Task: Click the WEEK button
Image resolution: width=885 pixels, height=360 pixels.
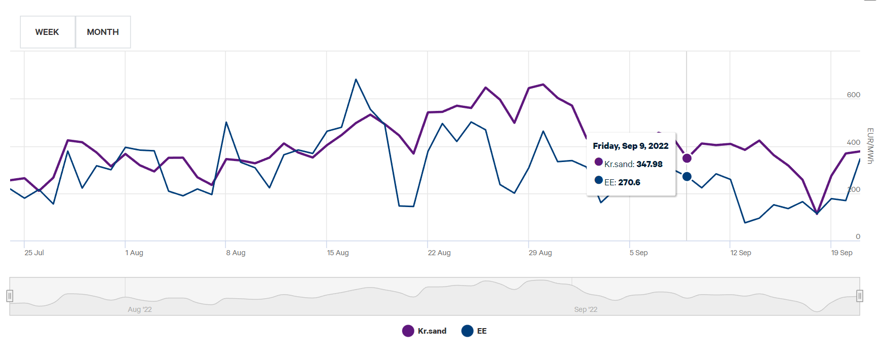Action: point(47,32)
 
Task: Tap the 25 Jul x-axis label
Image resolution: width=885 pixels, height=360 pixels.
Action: point(34,253)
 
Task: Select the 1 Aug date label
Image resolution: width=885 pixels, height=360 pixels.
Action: point(134,253)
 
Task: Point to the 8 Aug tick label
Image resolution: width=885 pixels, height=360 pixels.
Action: point(236,253)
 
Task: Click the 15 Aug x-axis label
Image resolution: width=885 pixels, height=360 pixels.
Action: point(337,253)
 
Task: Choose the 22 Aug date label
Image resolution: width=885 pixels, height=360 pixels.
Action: point(439,253)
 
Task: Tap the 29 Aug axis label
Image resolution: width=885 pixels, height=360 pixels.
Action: point(540,253)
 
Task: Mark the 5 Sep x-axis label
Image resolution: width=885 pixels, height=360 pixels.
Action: point(638,253)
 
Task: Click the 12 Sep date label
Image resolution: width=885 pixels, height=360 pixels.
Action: point(740,253)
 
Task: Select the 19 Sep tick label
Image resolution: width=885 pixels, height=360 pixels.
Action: point(841,253)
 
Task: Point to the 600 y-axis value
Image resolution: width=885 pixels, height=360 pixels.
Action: point(853,95)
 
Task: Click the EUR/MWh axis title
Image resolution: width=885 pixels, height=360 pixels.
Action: point(870,146)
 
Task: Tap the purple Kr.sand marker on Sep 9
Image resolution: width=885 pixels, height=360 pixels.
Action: point(687,158)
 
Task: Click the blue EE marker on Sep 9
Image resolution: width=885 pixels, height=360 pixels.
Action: point(687,177)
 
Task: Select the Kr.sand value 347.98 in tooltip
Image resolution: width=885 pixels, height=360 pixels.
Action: point(649,164)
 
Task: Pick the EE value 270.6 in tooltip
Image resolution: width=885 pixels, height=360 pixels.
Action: point(629,182)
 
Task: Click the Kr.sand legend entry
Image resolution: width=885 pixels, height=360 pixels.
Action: point(425,331)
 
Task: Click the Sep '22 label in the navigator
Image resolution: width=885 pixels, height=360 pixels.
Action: point(586,309)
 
